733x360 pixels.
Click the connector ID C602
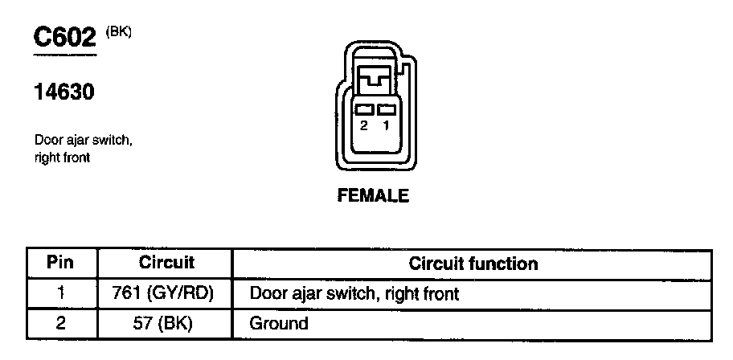tap(65, 37)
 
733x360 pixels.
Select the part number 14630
tap(64, 93)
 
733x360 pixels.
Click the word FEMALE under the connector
tap(373, 196)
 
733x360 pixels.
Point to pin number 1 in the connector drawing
tap(387, 126)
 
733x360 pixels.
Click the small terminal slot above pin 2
tap(363, 110)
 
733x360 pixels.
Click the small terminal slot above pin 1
tap(387, 110)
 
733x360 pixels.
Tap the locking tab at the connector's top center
tap(375, 80)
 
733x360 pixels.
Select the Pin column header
tap(61, 263)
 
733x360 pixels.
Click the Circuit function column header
tap(473, 264)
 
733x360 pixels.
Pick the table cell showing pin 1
tap(61, 293)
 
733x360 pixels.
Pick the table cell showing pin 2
tap(61, 324)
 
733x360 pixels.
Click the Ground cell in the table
tap(279, 324)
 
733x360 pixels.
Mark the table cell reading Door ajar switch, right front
tap(354, 294)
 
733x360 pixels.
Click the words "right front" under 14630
tap(62, 158)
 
